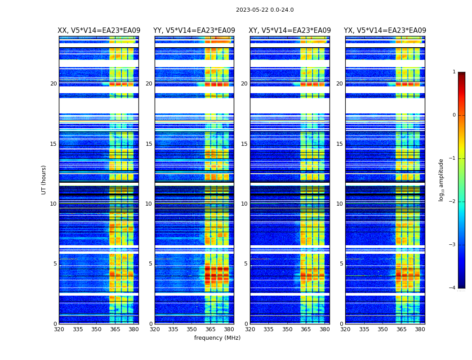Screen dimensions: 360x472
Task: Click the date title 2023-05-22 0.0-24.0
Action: (x=265, y=10)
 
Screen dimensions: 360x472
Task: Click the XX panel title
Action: (x=99, y=31)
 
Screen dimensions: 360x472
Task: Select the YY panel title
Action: (x=194, y=31)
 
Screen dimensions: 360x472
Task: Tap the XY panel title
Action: (x=290, y=31)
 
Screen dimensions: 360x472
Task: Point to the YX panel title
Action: (x=385, y=31)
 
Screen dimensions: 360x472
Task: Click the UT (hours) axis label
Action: (x=44, y=180)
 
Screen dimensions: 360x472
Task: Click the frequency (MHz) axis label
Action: (x=217, y=338)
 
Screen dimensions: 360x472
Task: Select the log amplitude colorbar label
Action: (x=441, y=180)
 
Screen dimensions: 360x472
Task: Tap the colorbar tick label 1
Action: (x=454, y=72)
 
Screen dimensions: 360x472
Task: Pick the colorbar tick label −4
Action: (x=453, y=288)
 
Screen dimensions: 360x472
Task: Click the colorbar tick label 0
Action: (x=454, y=115)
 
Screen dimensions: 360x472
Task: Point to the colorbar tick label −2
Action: (x=453, y=202)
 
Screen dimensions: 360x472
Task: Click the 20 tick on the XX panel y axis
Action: (x=53, y=84)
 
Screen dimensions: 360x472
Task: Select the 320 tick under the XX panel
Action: (x=59, y=329)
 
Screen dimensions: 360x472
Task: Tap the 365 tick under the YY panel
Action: (x=210, y=329)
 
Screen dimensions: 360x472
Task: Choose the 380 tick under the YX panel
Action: (x=420, y=329)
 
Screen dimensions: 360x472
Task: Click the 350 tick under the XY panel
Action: (x=287, y=329)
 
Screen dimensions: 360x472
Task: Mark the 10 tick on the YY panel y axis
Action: (x=149, y=204)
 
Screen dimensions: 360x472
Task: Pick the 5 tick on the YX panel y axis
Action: (x=341, y=264)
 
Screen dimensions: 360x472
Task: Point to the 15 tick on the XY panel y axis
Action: (x=245, y=144)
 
